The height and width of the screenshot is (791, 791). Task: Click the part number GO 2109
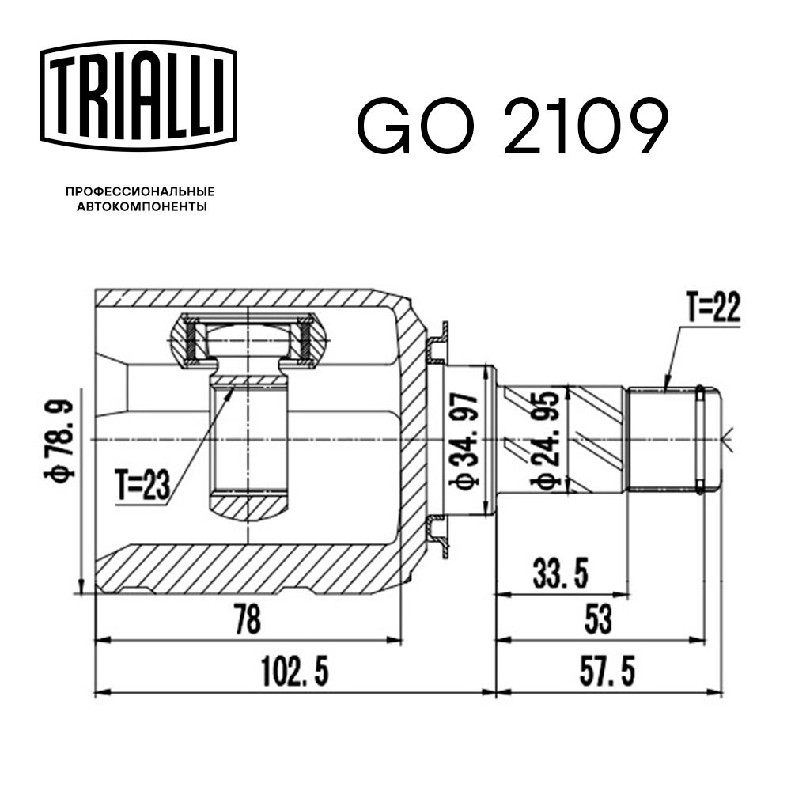513,127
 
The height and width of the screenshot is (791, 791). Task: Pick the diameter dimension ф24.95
546,439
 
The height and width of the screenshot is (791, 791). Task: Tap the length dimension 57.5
606,673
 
